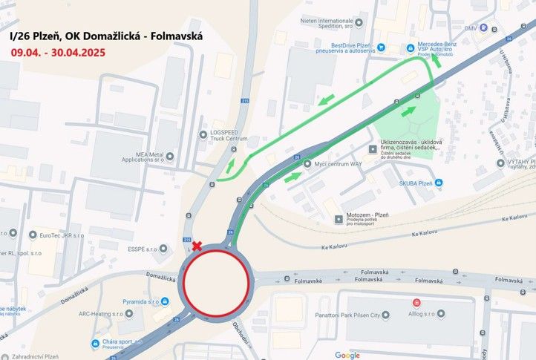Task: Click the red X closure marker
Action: point(197,246)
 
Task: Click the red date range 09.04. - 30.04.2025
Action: point(57,53)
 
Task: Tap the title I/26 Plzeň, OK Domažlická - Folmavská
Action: point(107,35)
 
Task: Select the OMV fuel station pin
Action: point(483,28)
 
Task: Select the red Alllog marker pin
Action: point(416,303)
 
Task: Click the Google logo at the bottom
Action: point(347,355)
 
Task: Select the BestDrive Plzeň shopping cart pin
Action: point(380,47)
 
